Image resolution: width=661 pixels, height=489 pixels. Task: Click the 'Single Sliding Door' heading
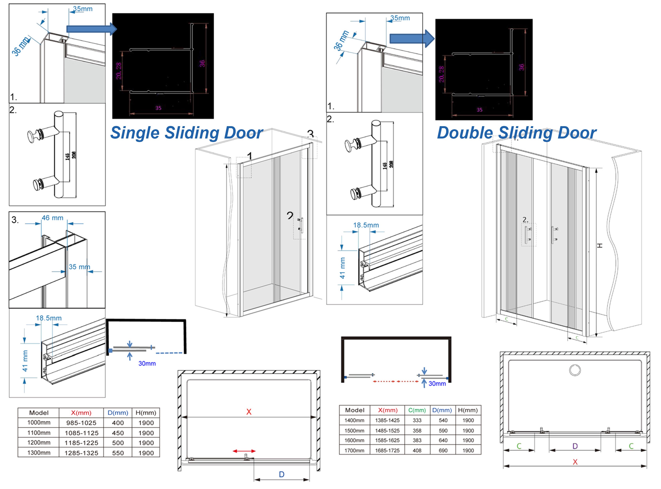[186, 133]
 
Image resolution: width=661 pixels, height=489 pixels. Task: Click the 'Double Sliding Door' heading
[517, 133]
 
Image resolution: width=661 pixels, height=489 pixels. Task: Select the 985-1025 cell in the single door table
[81, 423]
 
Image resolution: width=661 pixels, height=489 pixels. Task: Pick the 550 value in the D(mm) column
[118, 453]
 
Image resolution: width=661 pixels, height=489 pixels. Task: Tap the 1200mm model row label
[39, 442]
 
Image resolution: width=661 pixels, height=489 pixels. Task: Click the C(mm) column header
[417, 410]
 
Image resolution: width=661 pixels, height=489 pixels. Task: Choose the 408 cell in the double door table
[417, 450]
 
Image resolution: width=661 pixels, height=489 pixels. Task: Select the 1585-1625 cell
[387, 440]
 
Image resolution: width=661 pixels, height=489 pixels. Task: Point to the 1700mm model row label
[354, 450]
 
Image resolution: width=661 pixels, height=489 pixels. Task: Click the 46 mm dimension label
[52, 218]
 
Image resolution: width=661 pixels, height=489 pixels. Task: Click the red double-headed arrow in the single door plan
[244, 451]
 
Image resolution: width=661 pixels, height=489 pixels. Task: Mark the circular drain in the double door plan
[575, 370]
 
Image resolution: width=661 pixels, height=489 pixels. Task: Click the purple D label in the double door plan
[575, 446]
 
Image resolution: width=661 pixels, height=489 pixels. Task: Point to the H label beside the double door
[599, 245]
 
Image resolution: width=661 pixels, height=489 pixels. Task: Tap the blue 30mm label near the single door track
[147, 363]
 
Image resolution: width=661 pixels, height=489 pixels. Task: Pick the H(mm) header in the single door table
[146, 413]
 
